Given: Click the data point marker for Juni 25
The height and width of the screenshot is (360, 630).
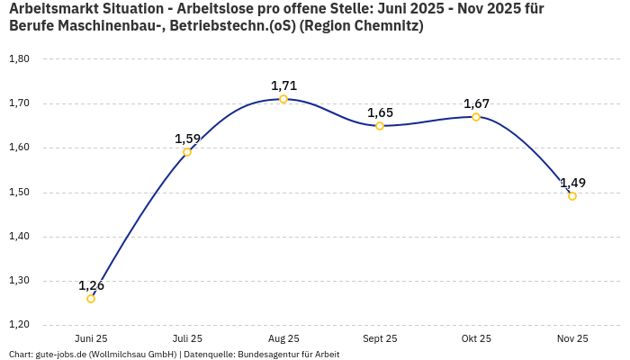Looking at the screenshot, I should tap(91, 299).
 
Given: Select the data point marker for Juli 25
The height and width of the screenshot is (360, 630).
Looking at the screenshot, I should tap(187, 152).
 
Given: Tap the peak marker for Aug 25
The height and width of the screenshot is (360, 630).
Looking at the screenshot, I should tap(283, 99).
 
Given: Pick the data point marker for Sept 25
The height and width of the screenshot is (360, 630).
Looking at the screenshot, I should tap(380, 126).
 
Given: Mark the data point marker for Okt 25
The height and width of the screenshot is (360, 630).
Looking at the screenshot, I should tap(476, 117).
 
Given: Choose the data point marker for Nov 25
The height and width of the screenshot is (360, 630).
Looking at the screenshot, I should tap(572, 196).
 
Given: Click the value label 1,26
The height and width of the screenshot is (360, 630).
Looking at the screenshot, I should tap(91, 285).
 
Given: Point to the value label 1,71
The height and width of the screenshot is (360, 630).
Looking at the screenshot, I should tap(283, 85).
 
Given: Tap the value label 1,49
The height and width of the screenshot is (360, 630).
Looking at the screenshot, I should tap(572, 183).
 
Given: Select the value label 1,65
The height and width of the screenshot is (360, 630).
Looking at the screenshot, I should tap(380, 112).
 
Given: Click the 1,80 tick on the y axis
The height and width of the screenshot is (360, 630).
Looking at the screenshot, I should tap(19, 59).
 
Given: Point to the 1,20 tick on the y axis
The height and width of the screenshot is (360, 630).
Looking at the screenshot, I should tap(19, 325).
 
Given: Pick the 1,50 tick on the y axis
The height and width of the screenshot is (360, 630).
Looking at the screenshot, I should tap(19, 193).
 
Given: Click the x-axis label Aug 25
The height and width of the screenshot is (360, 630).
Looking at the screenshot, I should tap(283, 338).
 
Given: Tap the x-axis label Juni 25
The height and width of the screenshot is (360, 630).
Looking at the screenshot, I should tap(91, 338).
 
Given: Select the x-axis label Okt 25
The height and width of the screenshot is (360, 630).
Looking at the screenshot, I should tap(476, 338).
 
